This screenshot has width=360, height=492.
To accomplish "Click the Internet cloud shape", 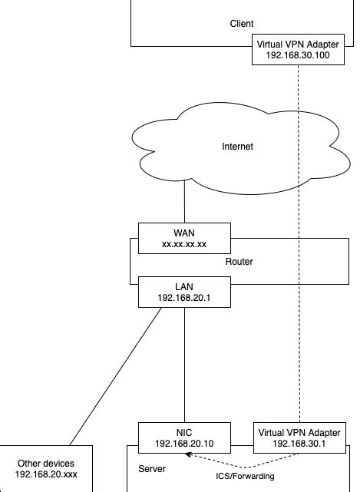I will [184, 165].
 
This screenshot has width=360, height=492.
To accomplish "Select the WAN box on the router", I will [184, 239].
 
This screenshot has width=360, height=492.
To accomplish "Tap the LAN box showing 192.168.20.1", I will [184, 292].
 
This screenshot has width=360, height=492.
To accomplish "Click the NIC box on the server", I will [184, 438].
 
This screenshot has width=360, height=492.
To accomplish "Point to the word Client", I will [242, 24].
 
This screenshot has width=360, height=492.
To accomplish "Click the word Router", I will [239, 262].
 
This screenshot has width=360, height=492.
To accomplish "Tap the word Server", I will [151, 468].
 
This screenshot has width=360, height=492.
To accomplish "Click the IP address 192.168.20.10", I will [184, 444].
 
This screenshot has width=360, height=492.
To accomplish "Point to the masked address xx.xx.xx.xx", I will [184, 245].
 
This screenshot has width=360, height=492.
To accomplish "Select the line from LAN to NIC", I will [184, 365].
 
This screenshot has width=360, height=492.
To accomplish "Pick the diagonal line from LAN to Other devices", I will [115, 376].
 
